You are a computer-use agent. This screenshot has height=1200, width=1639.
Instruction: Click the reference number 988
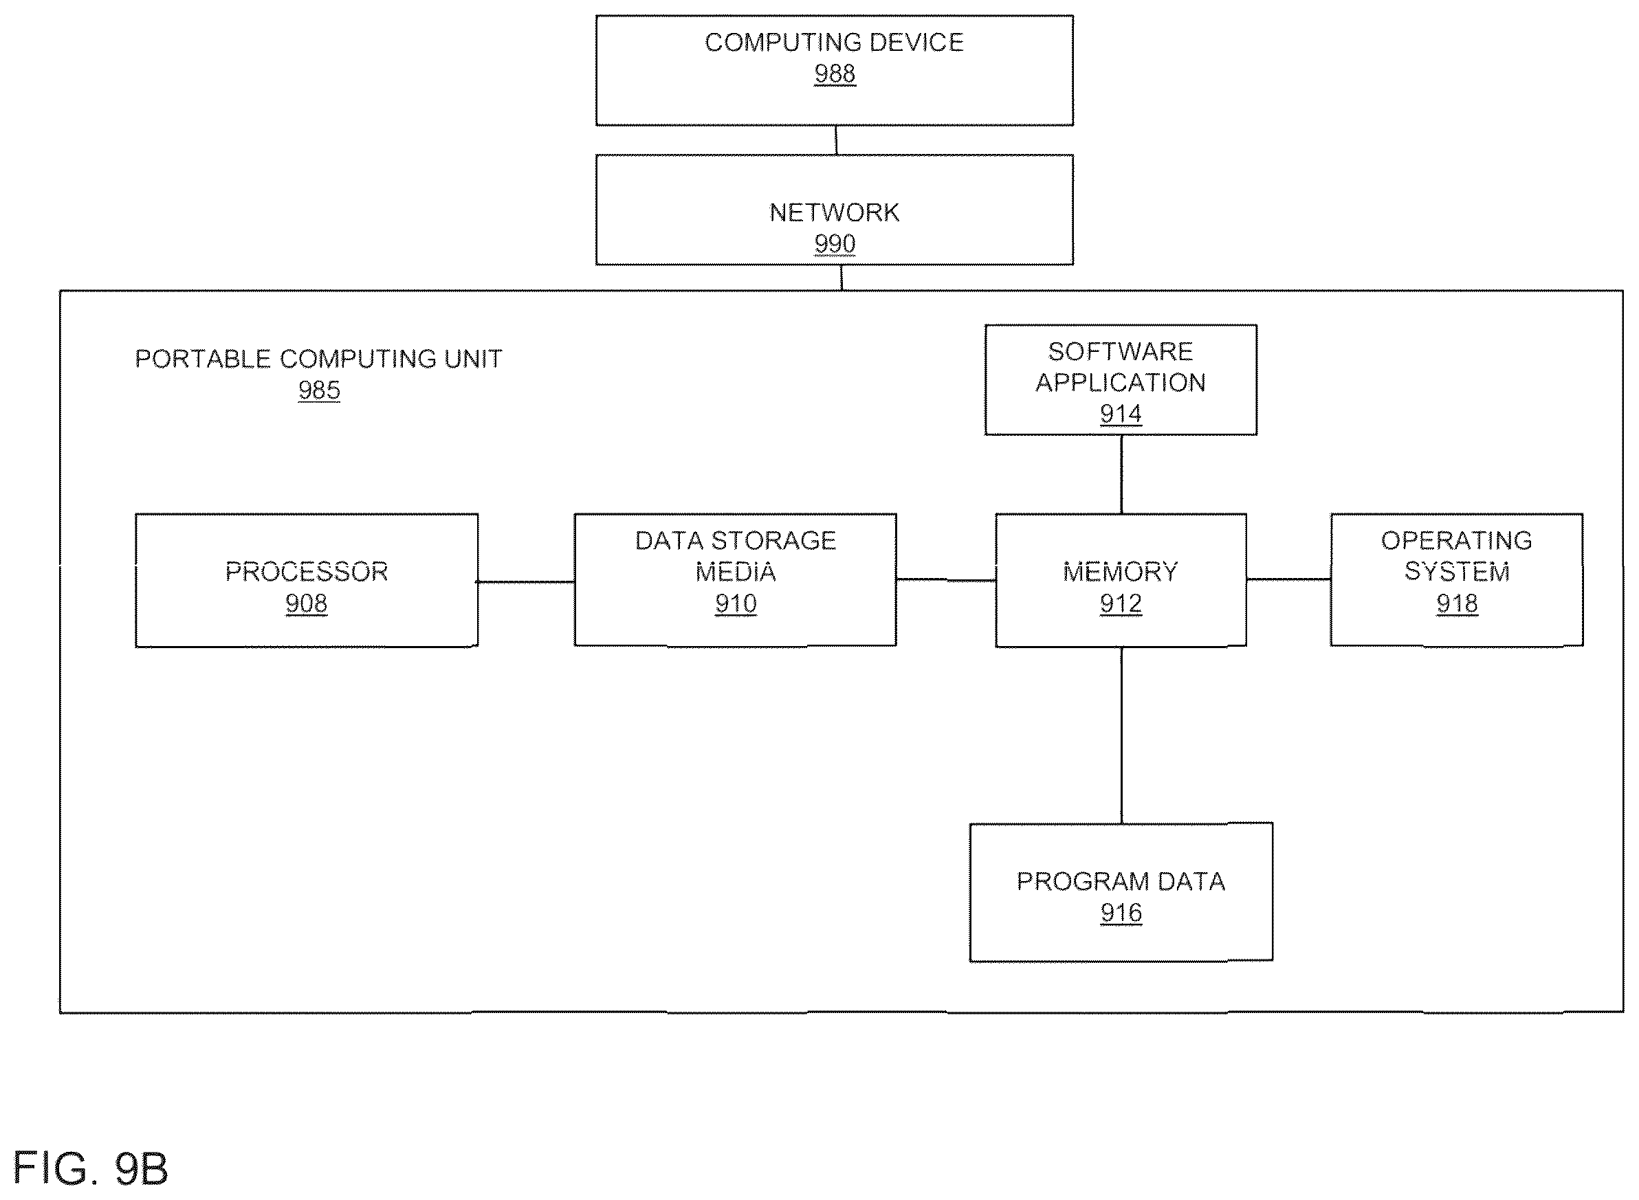click(x=834, y=74)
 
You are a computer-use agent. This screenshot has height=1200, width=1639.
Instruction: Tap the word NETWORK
click(x=834, y=212)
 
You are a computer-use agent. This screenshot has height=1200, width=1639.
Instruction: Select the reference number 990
click(x=834, y=243)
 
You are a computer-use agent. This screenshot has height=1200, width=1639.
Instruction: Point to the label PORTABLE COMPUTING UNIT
click(x=318, y=359)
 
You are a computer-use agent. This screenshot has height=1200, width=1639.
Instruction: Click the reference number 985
click(x=319, y=390)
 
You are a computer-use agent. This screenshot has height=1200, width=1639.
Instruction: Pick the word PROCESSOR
click(x=306, y=572)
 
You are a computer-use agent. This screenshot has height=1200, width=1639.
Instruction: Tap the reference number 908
click(x=306, y=603)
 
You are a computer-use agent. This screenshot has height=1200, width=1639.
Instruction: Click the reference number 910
click(x=735, y=603)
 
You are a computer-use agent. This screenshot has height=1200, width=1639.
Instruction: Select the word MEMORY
click(x=1120, y=572)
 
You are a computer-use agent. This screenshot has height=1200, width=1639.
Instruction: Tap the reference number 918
click(x=1457, y=603)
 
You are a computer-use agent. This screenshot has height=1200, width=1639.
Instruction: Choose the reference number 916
click(x=1121, y=912)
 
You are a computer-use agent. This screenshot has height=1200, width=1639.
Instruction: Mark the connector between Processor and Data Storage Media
click(x=526, y=581)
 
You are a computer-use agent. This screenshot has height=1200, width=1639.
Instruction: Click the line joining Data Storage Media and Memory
click(x=946, y=579)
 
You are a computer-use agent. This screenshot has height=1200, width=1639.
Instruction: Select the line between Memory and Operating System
click(x=1289, y=579)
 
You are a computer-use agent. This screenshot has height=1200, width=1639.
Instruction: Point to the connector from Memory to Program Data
click(x=1121, y=735)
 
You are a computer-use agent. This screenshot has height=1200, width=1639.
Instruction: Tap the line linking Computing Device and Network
click(x=836, y=140)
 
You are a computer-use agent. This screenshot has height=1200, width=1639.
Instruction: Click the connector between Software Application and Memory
click(x=1121, y=474)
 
